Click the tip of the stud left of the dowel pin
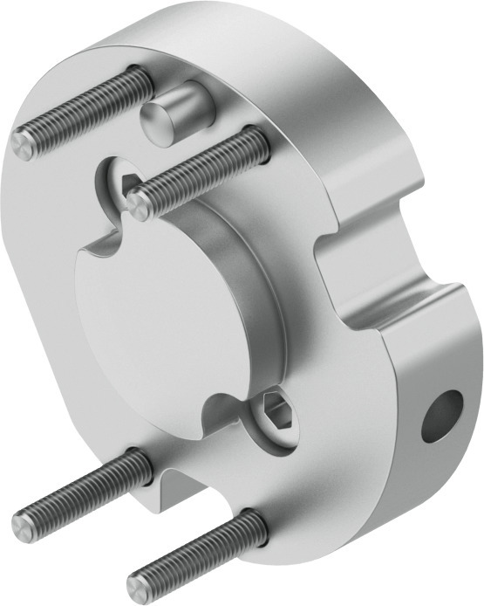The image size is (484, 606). (x=25, y=145)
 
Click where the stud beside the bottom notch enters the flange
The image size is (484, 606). (x=135, y=456)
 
